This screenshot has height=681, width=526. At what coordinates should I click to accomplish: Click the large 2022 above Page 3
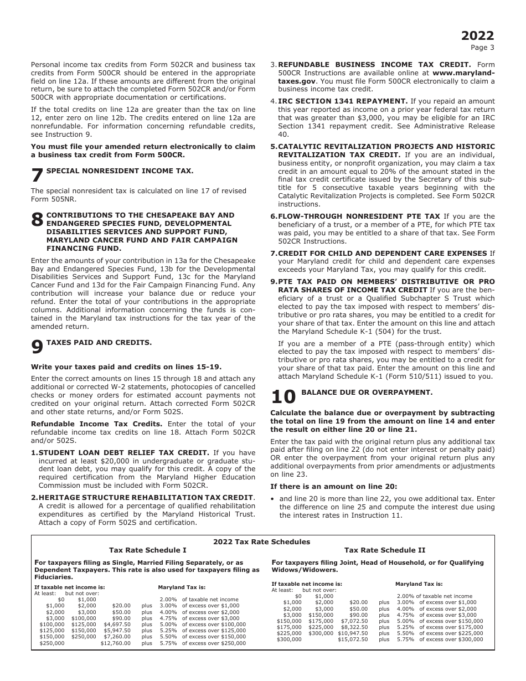tap(478, 36)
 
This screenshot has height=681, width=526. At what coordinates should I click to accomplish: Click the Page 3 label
tap(482, 48)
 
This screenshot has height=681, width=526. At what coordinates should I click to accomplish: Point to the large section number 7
tap(37, 176)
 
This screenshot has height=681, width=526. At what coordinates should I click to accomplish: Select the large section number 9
tap(37, 347)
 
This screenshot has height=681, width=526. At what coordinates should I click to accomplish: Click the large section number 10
tap(283, 398)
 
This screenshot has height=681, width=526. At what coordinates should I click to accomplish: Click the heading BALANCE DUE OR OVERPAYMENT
tap(367, 393)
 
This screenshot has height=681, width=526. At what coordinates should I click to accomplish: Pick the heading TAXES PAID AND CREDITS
tap(99, 343)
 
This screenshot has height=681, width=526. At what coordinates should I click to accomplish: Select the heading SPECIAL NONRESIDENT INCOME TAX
tap(120, 171)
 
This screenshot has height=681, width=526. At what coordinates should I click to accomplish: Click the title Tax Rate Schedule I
tap(148, 550)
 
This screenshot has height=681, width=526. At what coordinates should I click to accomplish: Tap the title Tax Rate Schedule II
tap(385, 550)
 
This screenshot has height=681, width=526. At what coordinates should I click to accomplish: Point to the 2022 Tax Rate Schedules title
tap(262, 542)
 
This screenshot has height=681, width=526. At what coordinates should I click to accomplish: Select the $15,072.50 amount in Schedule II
tap(353, 639)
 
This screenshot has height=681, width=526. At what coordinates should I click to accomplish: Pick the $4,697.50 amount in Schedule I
tap(117, 625)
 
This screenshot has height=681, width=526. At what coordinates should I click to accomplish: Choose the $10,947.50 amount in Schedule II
tap(353, 633)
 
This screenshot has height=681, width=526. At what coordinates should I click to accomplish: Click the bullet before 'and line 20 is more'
tap(273, 499)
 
